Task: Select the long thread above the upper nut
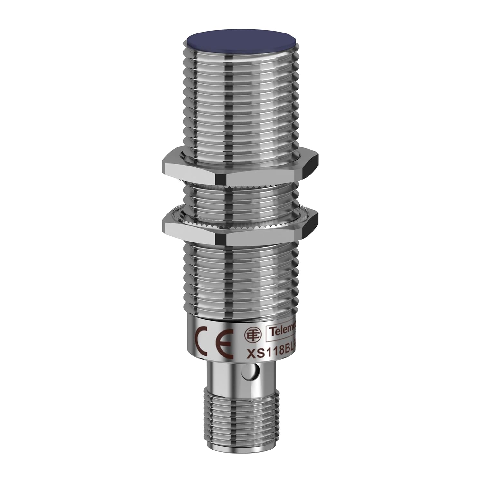pyautogui.click(x=241, y=103)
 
